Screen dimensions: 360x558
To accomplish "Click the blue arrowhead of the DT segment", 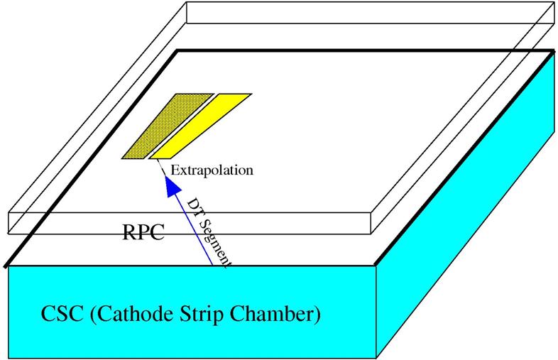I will pyautogui.click(x=170, y=186).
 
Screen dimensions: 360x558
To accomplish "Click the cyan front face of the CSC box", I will pyautogui.click(x=192, y=334).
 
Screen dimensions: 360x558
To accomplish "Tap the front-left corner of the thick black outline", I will pyautogui.click(x=6, y=267).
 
